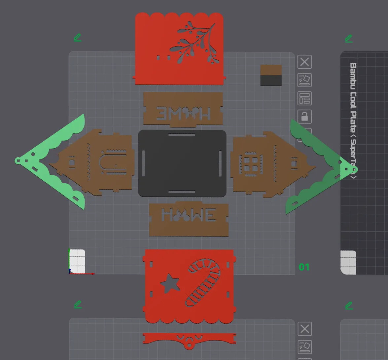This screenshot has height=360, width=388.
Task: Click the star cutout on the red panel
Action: pos(170,283)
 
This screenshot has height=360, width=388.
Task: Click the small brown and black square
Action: pos(271,75)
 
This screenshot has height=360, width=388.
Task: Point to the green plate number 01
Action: pos(304,267)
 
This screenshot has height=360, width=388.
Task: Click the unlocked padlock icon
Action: pos(304,117)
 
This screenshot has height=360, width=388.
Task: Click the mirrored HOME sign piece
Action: pos(183,109)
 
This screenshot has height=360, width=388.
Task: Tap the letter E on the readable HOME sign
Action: pos(209,215)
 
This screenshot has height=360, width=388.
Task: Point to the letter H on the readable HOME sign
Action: pos(167,215)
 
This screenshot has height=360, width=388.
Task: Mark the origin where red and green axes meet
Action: pos(70,273)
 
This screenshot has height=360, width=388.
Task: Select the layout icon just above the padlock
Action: pos(304,98)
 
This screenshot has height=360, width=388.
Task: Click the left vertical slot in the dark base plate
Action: pos(143,163)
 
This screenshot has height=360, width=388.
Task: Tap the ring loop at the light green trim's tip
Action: pos(18,161)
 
